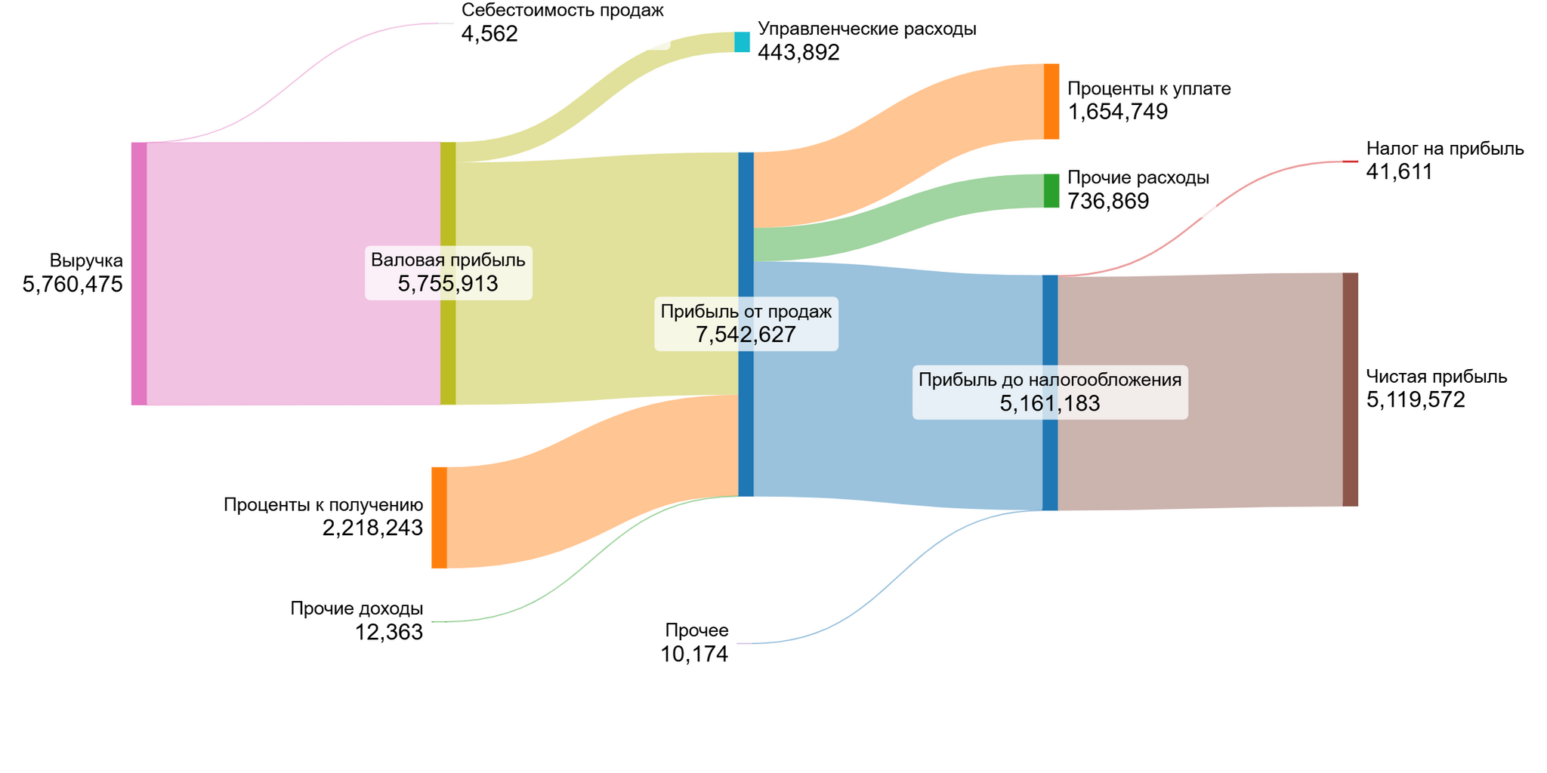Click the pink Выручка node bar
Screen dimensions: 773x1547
[x=139, y=273]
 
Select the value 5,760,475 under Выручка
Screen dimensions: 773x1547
[x=73, y=285]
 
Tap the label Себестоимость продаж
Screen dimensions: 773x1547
[x=562, y=11]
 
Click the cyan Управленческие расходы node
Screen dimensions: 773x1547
[x=742, y=42]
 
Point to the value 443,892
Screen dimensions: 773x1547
[x=798, y=53]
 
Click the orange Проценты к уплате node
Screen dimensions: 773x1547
[x=1051, y=102]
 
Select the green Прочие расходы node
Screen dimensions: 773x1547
[x=1051, y=191]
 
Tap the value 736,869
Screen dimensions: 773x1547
[x=1108, y=202]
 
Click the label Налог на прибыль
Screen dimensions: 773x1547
[x=1444, y=149]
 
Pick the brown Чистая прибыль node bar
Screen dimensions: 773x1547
[x=1350, y=390]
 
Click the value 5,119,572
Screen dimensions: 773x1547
[x=1415, y=400]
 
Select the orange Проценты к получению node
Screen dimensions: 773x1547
[x=439, y=517]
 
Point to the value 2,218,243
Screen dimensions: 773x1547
[x=372, y=528]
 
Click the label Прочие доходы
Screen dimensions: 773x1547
[x=357, y=608]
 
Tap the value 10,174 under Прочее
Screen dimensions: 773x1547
[x=694, y=654]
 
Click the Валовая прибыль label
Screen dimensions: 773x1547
[x=448, y=260]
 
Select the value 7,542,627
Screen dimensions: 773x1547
[x=746, y=334]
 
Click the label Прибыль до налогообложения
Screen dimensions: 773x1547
[x=1050, y=380]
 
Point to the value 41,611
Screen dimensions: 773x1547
[x=1399, y=172]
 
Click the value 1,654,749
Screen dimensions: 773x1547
[x=1117, y=112]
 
